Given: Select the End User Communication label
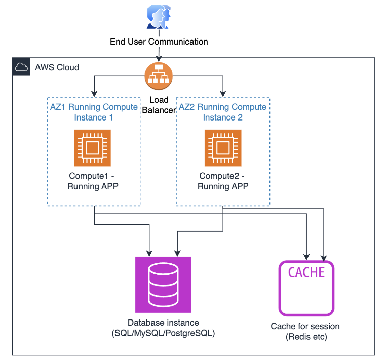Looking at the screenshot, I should point(159,42).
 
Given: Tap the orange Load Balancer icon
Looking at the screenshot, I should point(159,75).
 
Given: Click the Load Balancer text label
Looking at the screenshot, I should point(159,106).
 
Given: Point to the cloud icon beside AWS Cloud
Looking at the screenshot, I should point(21,67).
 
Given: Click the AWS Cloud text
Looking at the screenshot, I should point(57,67).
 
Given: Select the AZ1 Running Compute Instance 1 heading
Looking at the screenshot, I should point(94,112).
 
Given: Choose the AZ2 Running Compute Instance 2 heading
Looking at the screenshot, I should point(223,112).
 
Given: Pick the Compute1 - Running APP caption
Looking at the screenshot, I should point(93,181).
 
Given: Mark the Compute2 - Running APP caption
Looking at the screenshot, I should point(223,181).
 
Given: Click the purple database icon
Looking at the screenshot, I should point(163,284).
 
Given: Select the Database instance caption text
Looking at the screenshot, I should point(163,328).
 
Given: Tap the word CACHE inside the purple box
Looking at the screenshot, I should point(306,272).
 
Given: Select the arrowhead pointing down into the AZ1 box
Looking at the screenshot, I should point(94,94).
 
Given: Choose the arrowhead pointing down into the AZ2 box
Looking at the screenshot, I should point(223,94).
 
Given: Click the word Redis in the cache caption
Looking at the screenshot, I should point(298,337).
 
